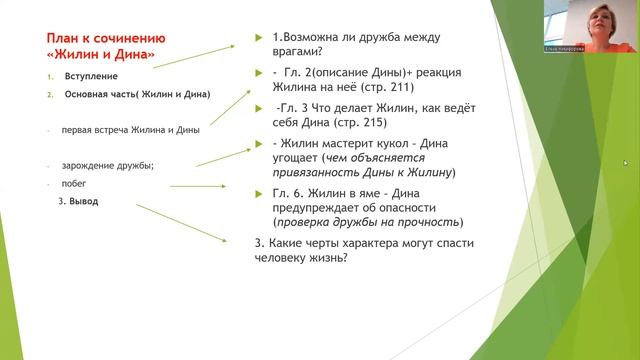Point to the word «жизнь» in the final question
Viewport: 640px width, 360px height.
click(x=319, y=256)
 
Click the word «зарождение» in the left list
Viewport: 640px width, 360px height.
click(x=89, y=165)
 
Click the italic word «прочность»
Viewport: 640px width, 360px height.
click(x=432, y=222)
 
